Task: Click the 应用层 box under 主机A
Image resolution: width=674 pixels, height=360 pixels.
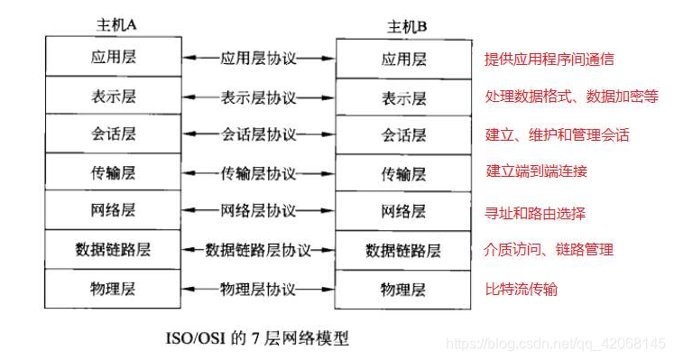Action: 113,58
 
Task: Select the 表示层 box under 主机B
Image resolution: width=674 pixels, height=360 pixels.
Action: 402,97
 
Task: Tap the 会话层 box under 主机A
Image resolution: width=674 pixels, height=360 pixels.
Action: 113,134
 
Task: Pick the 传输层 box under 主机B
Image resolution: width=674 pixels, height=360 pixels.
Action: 402,172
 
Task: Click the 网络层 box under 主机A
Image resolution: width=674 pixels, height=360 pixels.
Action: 113,210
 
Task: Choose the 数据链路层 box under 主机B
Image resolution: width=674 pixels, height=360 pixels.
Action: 402,250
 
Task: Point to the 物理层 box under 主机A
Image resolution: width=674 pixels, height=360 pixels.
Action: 113,288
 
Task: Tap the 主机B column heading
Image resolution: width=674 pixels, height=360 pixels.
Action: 403,25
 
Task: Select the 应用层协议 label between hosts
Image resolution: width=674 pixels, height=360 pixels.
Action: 258,58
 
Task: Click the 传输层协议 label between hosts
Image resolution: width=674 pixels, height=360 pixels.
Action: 258,172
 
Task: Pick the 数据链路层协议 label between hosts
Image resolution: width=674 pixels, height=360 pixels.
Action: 258,250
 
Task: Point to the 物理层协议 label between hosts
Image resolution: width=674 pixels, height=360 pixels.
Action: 258,289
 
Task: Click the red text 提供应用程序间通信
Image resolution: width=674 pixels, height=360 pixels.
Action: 549,59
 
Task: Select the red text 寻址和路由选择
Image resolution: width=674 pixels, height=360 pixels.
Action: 536,214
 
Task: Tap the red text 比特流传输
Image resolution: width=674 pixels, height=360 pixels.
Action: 522,289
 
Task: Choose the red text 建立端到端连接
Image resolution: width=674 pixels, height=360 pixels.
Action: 536,171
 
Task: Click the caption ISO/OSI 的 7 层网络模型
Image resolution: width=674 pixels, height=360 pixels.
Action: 255,339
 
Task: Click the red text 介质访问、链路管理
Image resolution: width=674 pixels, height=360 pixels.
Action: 549,250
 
